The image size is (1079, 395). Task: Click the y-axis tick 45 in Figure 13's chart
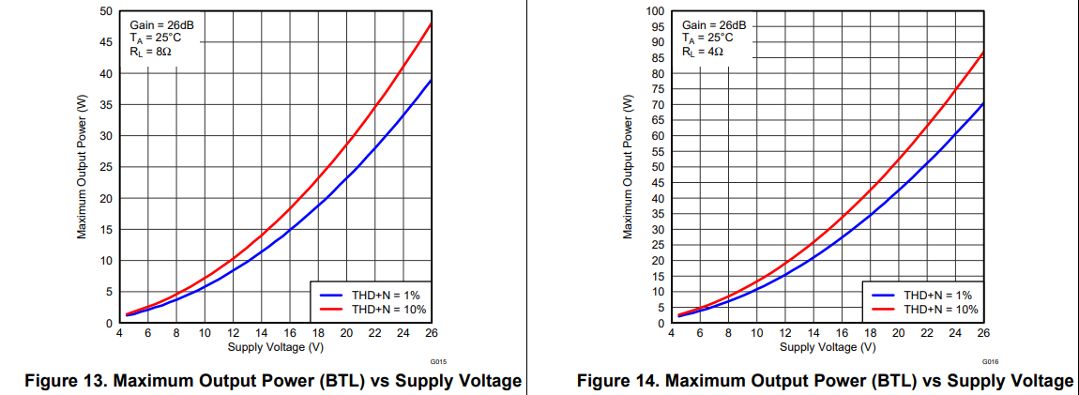106,42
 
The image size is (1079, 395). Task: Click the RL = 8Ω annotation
150,53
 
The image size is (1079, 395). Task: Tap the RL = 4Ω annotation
703,53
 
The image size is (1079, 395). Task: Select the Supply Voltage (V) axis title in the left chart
276,347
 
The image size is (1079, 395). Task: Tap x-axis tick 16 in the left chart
290,333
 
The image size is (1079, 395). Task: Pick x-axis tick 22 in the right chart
927,333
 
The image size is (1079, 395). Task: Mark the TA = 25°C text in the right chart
709,38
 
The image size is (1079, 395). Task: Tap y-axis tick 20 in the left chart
106,198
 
